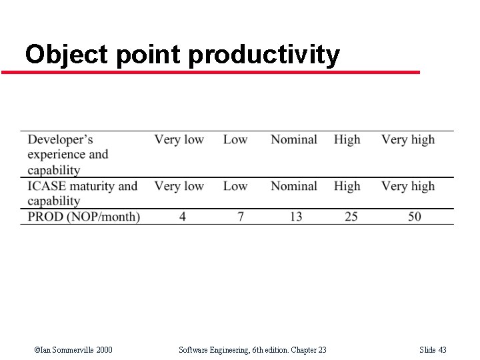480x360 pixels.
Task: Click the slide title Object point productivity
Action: (182, 55)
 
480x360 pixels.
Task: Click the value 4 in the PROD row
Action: (183, 217)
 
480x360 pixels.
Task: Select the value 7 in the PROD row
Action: (241, 217)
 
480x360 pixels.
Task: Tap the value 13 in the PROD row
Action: (296, 217)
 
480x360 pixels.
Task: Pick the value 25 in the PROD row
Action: (351, 217)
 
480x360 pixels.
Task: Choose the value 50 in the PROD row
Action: (415, 217)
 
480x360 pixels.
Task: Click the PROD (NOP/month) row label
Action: (84, 217)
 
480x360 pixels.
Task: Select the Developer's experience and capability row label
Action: (67, 154)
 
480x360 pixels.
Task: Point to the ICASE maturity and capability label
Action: (82, 193)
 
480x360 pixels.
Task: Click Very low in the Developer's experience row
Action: (179, 139)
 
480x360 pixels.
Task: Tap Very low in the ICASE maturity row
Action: (179, 186)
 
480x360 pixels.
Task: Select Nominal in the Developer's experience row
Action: (293, 139)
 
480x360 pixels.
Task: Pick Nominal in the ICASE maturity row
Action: (293, 186)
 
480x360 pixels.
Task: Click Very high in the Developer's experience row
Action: (407, 139)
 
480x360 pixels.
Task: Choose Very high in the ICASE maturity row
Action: (407, 186)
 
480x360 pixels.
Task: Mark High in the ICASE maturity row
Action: (347, 186)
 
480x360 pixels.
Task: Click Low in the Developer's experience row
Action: (235, 139)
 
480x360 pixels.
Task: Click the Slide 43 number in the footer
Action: (433, 350)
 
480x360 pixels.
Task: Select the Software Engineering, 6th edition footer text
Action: (253, 350)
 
